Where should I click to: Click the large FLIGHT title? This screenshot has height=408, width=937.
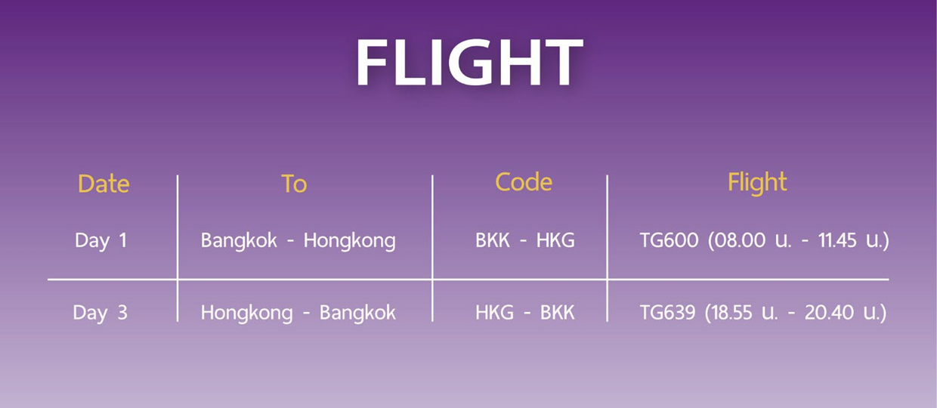pos(469,62)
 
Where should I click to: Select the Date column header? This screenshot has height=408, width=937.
pos(104,184)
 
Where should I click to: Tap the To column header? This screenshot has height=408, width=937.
pos(294,184)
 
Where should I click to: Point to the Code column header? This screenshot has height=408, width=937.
pos(524,182)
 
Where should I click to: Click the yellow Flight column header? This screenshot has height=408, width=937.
pos(757,183)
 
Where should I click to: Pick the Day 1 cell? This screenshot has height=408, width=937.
pos(101,241)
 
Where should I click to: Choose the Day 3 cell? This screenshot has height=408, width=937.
pos(100,313)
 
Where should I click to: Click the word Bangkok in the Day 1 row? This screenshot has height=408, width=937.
pos(239,241)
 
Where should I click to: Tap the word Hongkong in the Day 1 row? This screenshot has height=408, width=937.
pos(350,241)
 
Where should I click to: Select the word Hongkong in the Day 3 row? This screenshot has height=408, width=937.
pos(247,313)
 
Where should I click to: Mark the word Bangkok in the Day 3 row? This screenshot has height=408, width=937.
pos(357,313)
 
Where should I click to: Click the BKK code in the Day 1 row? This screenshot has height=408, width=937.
pos(493,240)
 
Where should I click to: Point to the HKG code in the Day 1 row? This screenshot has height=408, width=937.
pos(555,240)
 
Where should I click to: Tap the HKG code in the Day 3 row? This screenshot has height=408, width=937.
pos(494,313)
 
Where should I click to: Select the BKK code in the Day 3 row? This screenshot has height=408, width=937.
pos(557,313)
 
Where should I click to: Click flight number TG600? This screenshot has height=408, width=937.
pos(670,240)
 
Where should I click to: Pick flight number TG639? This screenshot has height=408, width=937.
pos(668,313)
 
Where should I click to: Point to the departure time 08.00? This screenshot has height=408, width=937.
pos(740,240)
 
